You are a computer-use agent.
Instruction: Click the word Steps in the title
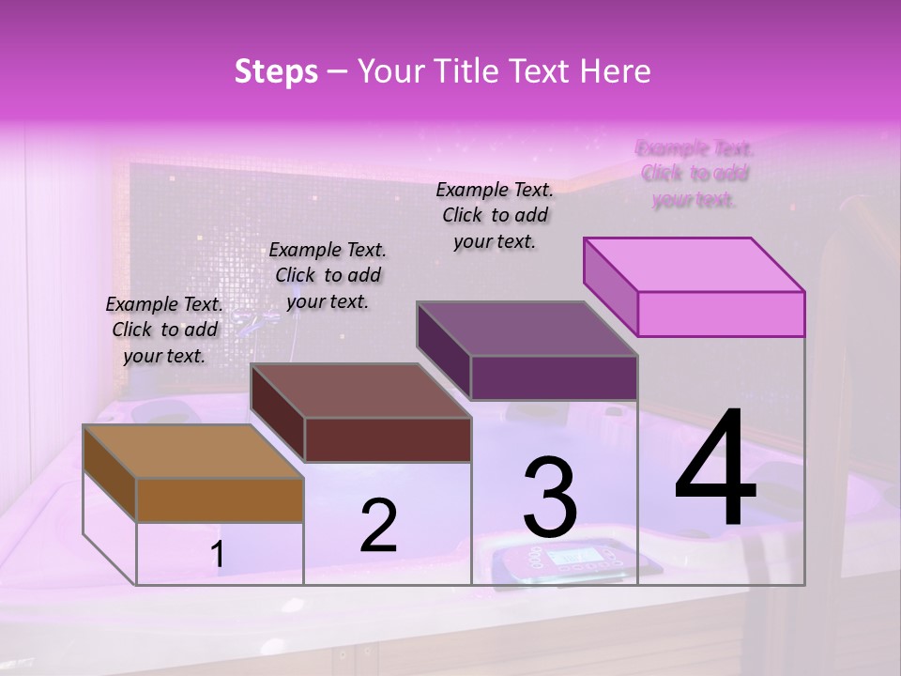coord(276,71)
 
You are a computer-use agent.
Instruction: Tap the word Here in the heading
coord(616,71)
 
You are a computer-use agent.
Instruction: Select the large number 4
coord(715,469)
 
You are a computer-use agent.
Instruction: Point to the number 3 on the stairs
coord(550,497)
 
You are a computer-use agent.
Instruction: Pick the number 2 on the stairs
coord(378,526)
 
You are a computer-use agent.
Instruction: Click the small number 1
coord(217,555)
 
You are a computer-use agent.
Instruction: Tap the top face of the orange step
coord(192,452)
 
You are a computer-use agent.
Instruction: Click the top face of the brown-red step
coord(359,391)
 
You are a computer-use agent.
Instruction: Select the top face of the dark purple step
coord(527,329)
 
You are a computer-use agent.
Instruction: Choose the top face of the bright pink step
coord(694,264)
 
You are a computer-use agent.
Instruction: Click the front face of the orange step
coord(220,499)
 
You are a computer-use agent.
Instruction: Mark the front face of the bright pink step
coord(721,314)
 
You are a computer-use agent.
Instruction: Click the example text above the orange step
coord(164,330)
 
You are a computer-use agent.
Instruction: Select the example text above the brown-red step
coord(328,275)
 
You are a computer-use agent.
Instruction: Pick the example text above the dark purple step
coord(495,215)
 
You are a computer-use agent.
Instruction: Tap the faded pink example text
coord(695,174)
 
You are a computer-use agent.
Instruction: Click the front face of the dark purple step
coord(554,377)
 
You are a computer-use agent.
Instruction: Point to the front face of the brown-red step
coord(388,439)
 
